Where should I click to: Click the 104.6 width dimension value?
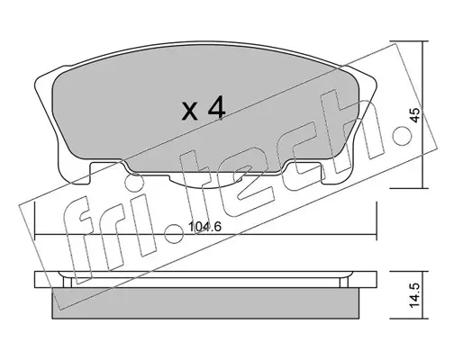[x=204, y=227]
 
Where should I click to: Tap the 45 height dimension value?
[x=415, y=115]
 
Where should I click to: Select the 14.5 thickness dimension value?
[x=414, y=295]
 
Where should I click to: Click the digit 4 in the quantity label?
[x=216, y=108]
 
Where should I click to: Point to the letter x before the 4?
[x=190, y=111]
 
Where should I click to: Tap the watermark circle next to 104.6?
[x=175, y=233]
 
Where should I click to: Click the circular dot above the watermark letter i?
[x=133, y=184]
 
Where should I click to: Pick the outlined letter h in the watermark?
[x=351, y=129]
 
